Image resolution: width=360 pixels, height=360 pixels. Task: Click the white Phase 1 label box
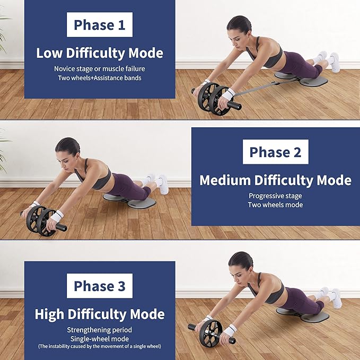[100, 24]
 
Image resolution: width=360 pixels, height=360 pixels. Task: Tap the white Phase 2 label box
[275, 152]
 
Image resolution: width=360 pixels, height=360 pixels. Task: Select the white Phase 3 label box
[100, 286]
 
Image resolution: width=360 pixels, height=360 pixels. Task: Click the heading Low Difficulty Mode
[100, 53]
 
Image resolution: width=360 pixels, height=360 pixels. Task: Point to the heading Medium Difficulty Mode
[275, 180]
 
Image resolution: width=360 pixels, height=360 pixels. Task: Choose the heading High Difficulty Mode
[100, 314]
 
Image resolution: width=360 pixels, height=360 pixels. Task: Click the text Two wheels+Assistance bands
[100, 78]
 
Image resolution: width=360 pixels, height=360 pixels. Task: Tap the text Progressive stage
[275, 196]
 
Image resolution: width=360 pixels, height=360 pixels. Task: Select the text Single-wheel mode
[100, 338]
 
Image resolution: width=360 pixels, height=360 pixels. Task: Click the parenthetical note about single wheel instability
[100, 346]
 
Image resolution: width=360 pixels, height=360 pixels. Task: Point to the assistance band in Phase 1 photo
[260, 89]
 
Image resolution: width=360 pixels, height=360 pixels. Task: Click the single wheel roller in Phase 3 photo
[211, 333]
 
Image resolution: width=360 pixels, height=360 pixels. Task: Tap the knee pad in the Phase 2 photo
[130, 201]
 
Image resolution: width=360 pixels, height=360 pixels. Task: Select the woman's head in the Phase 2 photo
[67, 147]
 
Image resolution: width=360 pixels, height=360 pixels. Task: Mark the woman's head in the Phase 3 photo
[240, 261]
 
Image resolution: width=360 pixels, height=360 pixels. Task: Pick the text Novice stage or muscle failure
[100, 69]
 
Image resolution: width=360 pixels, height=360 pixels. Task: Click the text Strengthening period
[100, 330]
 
